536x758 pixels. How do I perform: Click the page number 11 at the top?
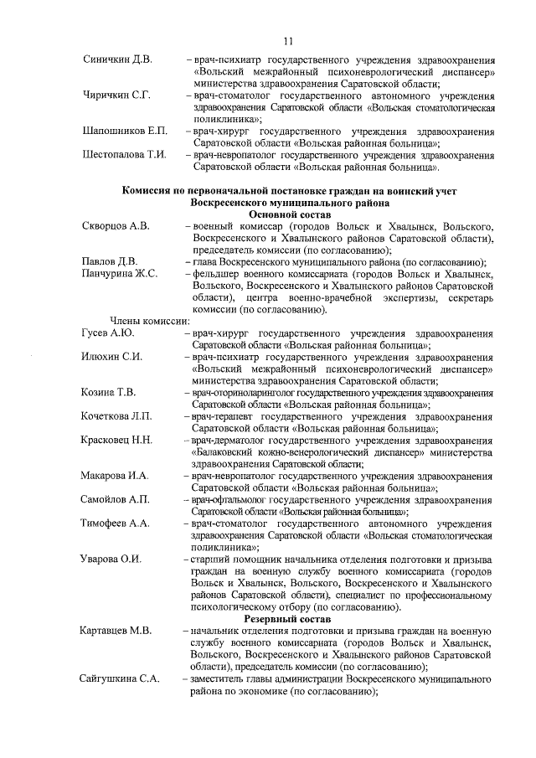287,41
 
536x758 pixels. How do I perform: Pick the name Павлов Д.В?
109,262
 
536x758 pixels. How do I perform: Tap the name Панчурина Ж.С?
120,275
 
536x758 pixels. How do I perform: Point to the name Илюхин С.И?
112,357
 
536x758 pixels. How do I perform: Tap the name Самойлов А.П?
116,500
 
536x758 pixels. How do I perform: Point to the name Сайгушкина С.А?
120,678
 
